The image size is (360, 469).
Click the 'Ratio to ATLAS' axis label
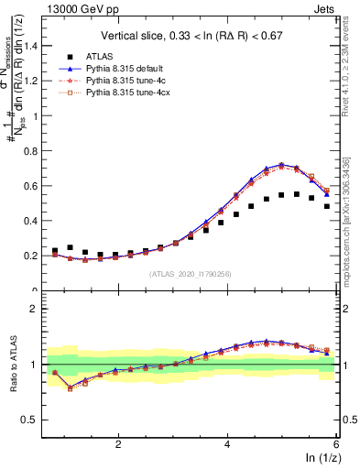tap(15, 366)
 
